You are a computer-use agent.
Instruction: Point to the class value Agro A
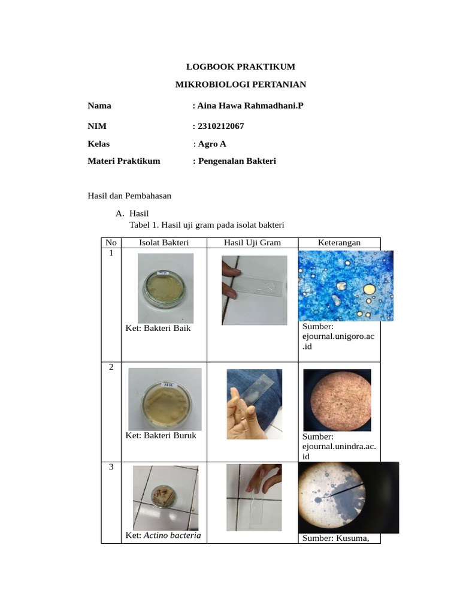211,144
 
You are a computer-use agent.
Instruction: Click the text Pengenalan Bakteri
237,161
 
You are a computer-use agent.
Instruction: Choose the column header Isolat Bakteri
164,242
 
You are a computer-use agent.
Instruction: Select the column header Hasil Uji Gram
252,242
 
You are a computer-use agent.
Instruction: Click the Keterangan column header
339,242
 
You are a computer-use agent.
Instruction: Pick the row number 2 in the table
111,368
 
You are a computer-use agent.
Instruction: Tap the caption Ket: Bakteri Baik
158,329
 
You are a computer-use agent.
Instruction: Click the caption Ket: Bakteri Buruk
161,435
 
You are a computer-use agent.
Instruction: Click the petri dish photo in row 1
165,288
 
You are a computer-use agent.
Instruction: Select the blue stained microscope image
346,285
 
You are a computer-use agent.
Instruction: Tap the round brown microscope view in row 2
337,399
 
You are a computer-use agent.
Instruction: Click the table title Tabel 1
206,225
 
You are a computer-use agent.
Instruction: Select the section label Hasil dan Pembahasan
129,195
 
